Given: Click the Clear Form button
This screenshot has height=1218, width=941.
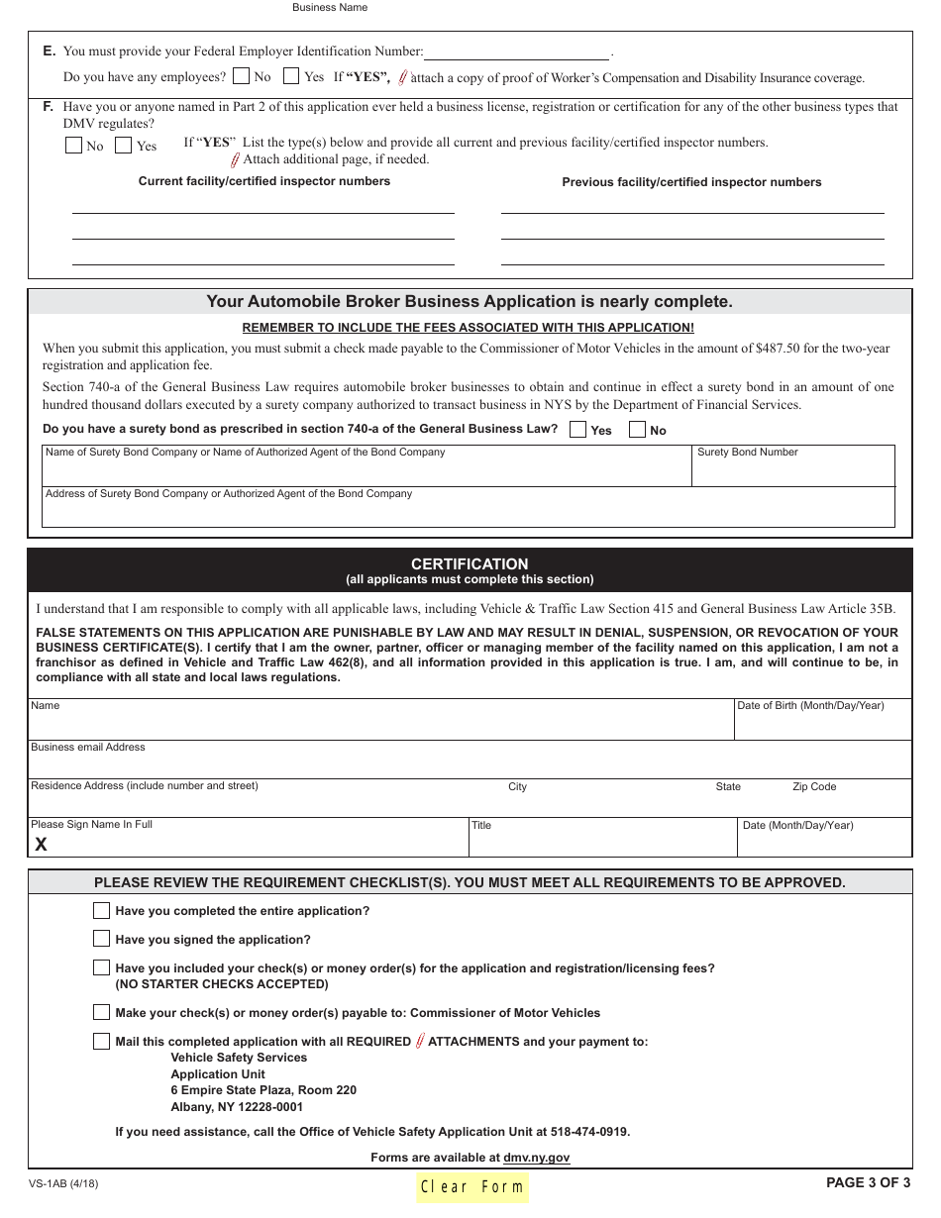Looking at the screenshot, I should tap(471, 1187).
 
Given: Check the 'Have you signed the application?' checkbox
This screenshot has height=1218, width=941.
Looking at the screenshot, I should tap(101, 939).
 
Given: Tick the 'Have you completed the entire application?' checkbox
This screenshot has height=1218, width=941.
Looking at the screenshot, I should tap(101, 910).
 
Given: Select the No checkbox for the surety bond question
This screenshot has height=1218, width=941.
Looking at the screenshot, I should tap(638, 430).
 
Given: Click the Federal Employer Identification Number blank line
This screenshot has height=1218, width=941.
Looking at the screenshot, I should tap(516, 53).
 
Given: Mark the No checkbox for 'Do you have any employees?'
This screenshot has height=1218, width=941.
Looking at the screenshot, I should tap(241, 76).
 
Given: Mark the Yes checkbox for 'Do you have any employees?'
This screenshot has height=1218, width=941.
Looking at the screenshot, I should tap(291, 76).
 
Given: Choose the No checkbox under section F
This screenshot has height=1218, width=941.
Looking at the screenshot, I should tap(73, 146).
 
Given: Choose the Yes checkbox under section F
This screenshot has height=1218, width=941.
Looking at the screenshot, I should tap(124, 146).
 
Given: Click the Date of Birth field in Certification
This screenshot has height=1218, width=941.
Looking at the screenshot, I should tap(822, 726).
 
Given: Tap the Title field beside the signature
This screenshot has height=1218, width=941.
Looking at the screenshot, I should tap(602, 843).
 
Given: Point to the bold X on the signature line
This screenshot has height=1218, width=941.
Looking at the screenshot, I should tap(41, 845).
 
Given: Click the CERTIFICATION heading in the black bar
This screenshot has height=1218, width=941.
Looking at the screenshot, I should tap(470, 563).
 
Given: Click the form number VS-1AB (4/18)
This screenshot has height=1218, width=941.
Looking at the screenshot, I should tap(63, 1182).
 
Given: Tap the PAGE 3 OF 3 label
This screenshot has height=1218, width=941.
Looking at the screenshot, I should tap(868, 1181).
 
